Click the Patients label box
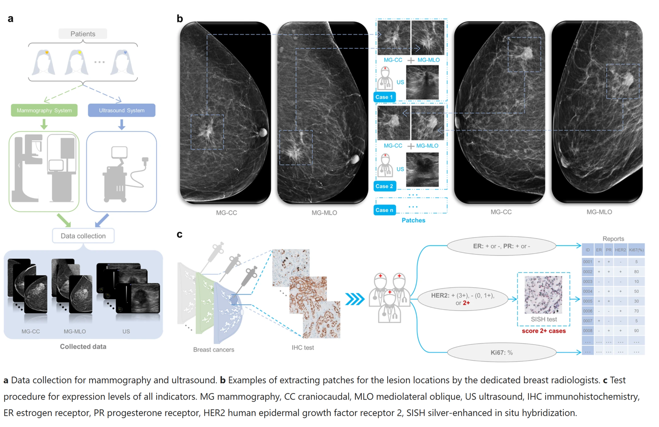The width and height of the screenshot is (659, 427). tap(83, 34)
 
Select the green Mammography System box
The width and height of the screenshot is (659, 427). tap(44, 110)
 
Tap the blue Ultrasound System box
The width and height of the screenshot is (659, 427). tap(121, 110)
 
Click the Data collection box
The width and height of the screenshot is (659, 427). tap(83, 236)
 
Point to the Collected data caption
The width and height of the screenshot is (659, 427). tap(83, 347)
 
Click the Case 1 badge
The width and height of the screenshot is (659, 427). tap(384, 97)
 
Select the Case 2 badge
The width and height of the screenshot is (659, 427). tap(384, 186)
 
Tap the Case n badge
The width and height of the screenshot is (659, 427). tap(384, 210)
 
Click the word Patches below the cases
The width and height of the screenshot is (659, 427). tap(413, 220)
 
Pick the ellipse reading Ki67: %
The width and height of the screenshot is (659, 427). tap(501, 353)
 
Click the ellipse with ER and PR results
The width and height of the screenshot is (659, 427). tap(501, 246)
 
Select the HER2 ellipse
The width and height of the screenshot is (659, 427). tap(463, 299)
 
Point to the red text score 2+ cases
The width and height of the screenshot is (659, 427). tap(544, 331)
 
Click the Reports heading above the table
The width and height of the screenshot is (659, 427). tap(613, 239)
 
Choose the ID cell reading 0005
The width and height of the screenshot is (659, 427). tap(588, 301)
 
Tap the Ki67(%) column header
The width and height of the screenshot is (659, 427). tap(636, 250)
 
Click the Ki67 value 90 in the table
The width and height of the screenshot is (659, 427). tap(636, 330)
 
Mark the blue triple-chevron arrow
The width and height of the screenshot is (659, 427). tap(355, 299)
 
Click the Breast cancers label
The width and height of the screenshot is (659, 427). tap(214, 349)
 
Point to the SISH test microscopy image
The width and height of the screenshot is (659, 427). tap(543, 294)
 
